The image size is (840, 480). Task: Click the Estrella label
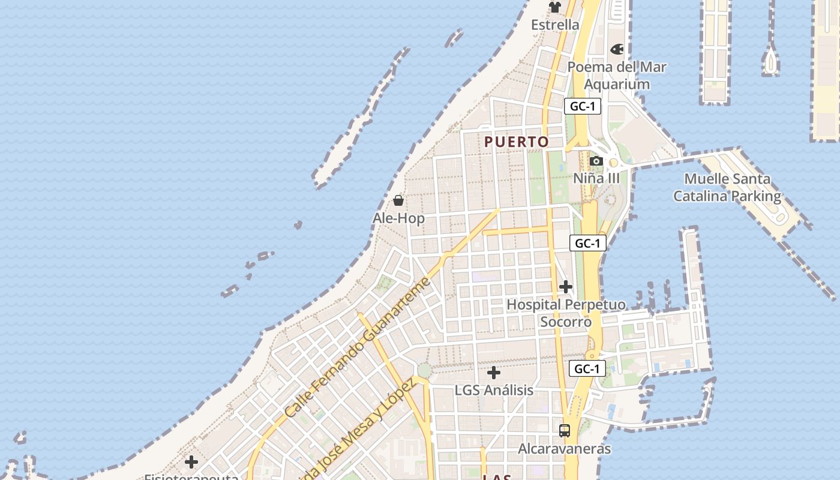pos(555,25)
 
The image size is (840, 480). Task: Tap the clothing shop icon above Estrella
pos(555,7)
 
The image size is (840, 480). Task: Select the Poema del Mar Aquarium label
pos(617,76)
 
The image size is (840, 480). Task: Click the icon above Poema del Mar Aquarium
pos(617,49)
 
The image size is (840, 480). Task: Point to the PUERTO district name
pos(517,142)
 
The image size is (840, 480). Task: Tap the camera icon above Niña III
pos(596,161)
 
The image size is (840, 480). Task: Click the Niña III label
pos(596,178)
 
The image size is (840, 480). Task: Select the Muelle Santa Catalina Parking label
pos(727,187)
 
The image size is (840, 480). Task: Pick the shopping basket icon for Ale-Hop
pos(398,200)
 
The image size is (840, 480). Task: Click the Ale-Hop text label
pos(398,218)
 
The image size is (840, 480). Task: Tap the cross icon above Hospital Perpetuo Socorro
pos(565,287)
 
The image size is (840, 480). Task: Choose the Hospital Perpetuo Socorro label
pos(566,313)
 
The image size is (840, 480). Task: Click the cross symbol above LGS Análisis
pos(493,373)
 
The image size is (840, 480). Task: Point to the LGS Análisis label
pos(494,391)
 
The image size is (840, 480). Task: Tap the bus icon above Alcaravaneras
pos(565,430)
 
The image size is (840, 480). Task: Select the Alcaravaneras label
pos(565,449)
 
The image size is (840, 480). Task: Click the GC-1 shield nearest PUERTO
pos(582,107)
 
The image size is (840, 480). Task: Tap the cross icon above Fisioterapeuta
pos(191,461)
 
